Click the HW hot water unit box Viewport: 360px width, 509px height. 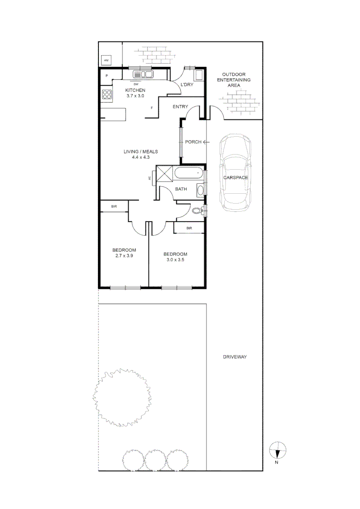point(106,61)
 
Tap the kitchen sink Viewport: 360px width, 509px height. point(143,74)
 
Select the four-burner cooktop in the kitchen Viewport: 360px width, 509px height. point(106,94)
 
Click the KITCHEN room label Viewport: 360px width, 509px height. point(135,90)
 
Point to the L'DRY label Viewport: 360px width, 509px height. point(187,85)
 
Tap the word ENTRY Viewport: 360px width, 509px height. point(180,107)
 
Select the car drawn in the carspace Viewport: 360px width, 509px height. point(235,172)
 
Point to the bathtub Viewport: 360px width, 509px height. point(190,173)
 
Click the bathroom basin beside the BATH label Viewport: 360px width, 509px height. point(200,190)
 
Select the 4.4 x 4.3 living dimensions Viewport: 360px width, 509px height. point(140,157)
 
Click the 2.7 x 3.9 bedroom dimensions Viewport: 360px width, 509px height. point(124,256)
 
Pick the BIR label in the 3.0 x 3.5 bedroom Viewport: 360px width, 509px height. point(189,228)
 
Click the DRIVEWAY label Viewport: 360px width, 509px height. point(235,357)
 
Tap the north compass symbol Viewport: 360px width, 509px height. point(278,451)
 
